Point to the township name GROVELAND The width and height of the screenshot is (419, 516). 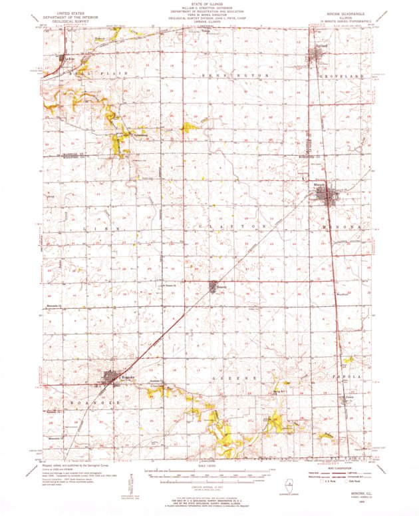click(345, 77)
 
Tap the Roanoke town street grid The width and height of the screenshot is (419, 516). click(110, 380)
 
